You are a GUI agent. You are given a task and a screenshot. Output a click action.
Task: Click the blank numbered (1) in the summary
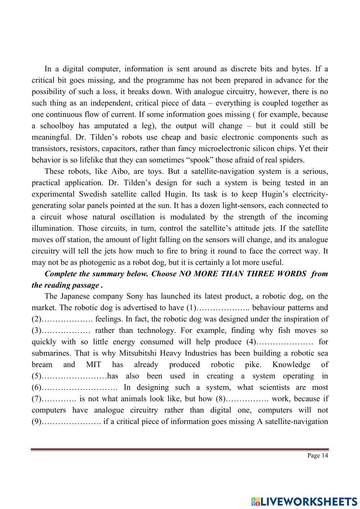(x=222, y=308)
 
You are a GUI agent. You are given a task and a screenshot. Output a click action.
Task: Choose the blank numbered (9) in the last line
(x=71, y=421)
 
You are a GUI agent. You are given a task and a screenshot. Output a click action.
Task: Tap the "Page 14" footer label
(x=318, y=455)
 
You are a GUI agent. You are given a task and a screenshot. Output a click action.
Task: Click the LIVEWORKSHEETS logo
(x=304, y=501)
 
